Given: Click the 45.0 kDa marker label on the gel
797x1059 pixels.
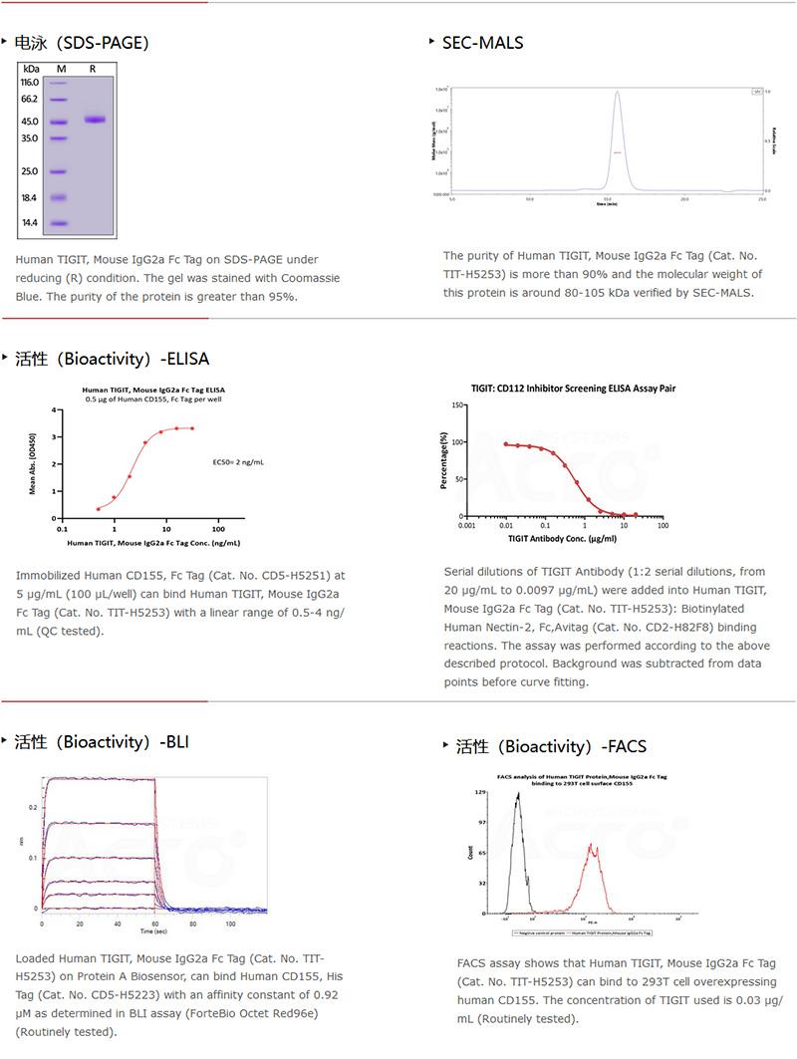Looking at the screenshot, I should coord(30,122).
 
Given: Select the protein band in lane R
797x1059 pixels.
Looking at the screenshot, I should coord(95,121).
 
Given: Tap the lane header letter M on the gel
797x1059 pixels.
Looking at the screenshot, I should coord(61,68).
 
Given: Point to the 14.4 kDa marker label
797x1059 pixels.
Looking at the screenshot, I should coord(30,223).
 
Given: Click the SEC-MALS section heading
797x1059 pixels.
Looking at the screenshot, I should coord(483,42).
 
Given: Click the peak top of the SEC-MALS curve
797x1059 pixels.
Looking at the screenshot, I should coord(618,93).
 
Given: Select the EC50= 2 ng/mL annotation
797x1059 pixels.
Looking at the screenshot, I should coord(238,462).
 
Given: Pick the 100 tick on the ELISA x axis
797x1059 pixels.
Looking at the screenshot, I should coord(218,528).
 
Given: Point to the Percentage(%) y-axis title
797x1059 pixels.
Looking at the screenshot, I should coord(444,460).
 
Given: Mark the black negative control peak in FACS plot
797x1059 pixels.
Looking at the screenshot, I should coord(518,796).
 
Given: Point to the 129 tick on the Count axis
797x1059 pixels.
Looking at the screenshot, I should coord(478,792).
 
